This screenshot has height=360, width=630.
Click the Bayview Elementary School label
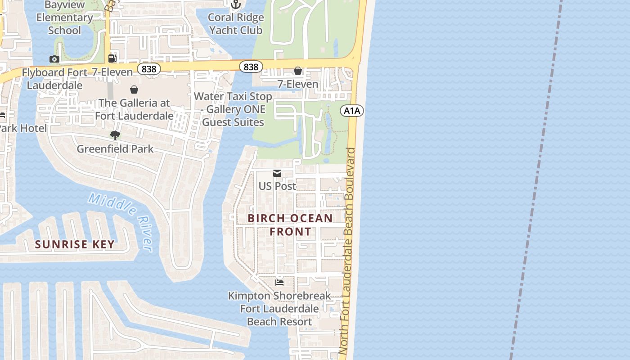point(64,18)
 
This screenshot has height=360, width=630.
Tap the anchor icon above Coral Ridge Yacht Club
point(236,4)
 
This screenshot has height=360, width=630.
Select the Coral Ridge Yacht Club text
point(236,24)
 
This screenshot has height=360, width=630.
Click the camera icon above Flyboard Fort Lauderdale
point(54,59)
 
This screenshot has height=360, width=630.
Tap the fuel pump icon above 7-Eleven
point(112,58)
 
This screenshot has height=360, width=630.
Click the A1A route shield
point(351,111)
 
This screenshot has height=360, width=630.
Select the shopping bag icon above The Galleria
point(134,90)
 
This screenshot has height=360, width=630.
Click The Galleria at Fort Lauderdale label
point(134,109)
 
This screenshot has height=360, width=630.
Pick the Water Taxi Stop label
point(233,109)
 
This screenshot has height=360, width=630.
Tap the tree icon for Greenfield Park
point(115,135)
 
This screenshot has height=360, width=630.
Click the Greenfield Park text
point(115,149)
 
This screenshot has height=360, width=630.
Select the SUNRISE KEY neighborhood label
point(75,245)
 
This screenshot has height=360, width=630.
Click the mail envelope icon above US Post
point(277,173)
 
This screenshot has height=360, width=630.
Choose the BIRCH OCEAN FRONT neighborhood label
point(290,225)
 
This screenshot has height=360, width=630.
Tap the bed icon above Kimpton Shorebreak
point(279,282)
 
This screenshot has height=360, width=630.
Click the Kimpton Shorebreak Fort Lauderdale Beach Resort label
point(279,309)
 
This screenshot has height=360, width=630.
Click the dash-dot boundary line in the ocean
point(535,180)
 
